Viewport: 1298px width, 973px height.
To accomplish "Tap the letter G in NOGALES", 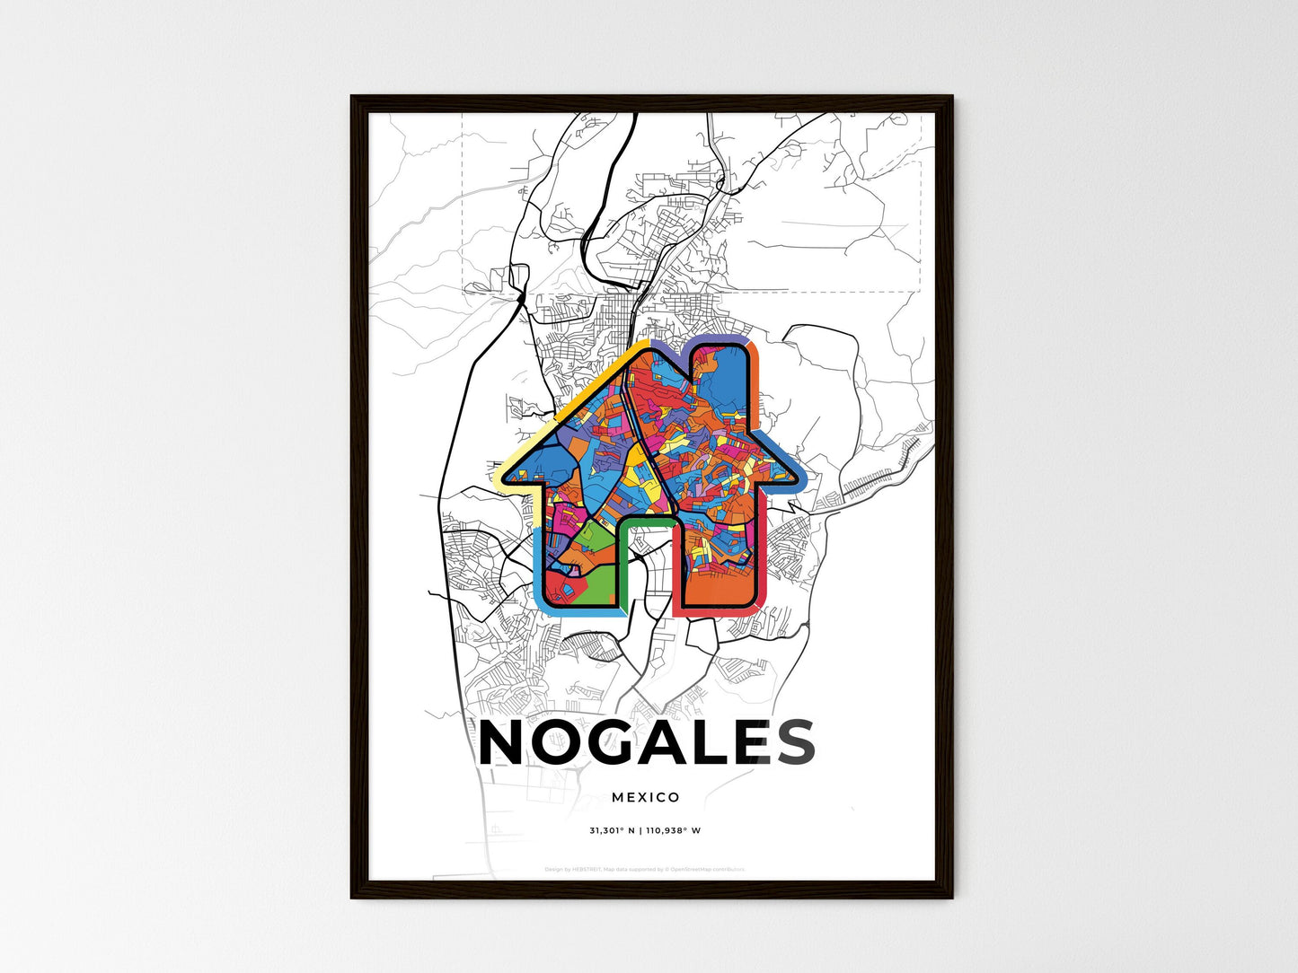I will click(619, 742).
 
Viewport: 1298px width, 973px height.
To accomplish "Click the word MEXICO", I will click(646, 797).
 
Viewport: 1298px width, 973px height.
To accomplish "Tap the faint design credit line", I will click(645, 869).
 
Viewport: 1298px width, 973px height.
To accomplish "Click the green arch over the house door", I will click(647, 522).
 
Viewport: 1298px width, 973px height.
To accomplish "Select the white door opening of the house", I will click(648, 574).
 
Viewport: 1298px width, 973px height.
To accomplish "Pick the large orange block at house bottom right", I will click(719, 583).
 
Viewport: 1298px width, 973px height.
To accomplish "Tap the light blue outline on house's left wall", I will click(538, 565).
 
